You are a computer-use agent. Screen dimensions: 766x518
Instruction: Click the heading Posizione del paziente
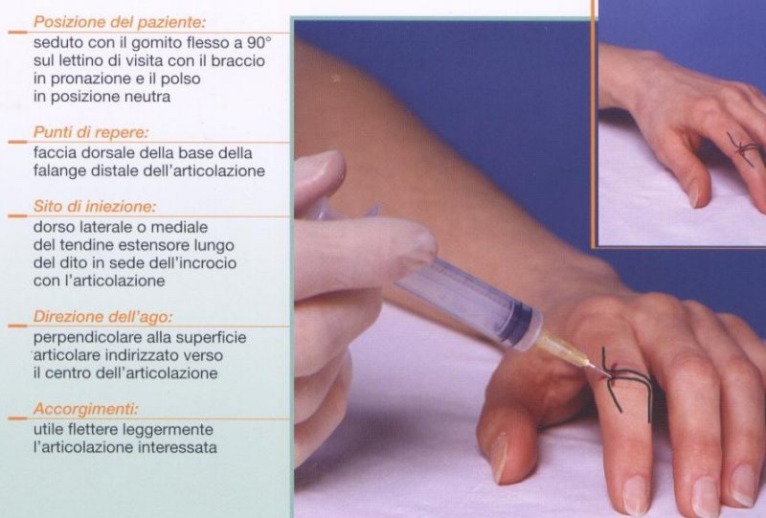(x=120, y=22)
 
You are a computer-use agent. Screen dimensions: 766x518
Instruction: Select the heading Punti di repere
(x=91, y=132)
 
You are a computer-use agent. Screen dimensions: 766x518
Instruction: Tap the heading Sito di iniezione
(x=95, y=206)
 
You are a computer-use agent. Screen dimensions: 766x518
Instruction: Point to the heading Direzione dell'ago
(x=103, y=317)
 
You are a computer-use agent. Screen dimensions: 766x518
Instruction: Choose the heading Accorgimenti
(x=86, y=409)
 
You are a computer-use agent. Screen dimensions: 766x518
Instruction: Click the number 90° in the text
(x=259, y=42)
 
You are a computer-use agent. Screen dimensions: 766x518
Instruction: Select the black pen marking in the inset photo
(x=743, y=148)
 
